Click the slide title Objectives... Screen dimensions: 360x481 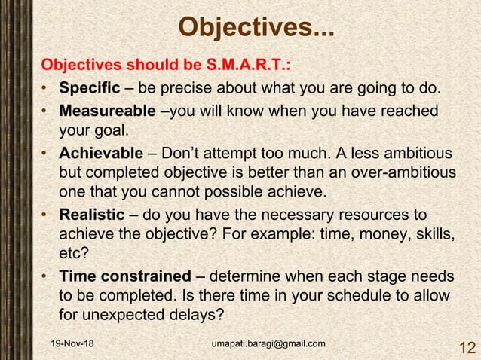[256, 29]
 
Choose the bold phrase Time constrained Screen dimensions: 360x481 [125, 274]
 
